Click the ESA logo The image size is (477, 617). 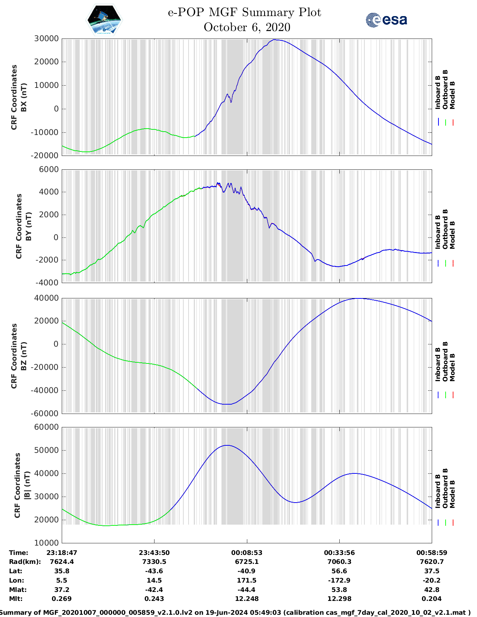tap(386, 20)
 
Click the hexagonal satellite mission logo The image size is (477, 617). tap(104, 20)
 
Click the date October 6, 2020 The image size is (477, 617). tap(247, 27)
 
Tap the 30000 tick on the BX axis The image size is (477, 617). tap(46, 39)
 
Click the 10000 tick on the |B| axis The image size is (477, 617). tap(46, 543)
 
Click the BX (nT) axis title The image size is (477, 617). tap(24, 97)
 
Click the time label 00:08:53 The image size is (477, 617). tap(247, 553)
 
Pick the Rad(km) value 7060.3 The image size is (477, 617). tap(339, 562)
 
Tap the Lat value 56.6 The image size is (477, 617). tap(339, 571)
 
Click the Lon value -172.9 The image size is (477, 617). tap(339, 580)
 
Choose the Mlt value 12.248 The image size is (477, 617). tap(247, 599)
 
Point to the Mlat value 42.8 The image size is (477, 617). tap(432, 590)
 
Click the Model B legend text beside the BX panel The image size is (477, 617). tap(452, 95)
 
